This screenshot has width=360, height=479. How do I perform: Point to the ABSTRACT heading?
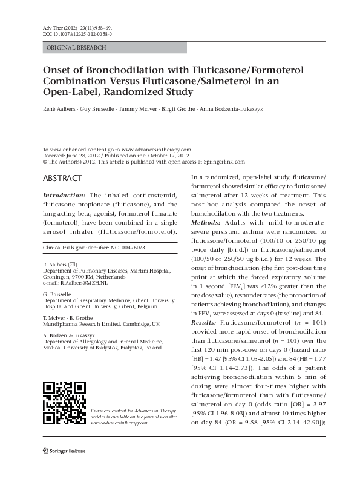(62, 179)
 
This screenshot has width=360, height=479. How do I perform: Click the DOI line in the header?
(76, 35)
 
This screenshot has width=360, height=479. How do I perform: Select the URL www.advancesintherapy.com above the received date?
(156, 149)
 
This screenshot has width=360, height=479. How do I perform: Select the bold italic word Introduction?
(64, 196)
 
